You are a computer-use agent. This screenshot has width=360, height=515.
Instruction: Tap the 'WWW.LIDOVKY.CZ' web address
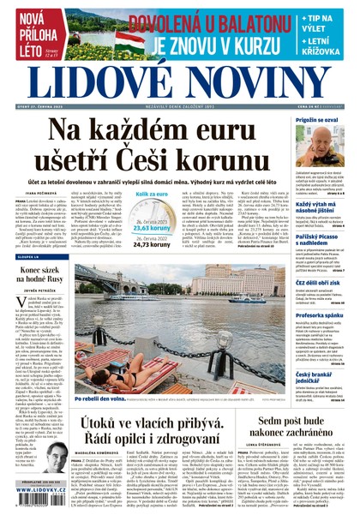[34, 506]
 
